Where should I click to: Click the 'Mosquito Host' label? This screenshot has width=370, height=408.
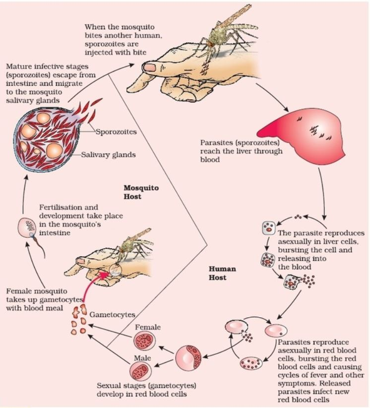(137, 193)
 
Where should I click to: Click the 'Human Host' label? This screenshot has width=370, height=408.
(222, 273)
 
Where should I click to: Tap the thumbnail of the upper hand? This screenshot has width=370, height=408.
(148, 67)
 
